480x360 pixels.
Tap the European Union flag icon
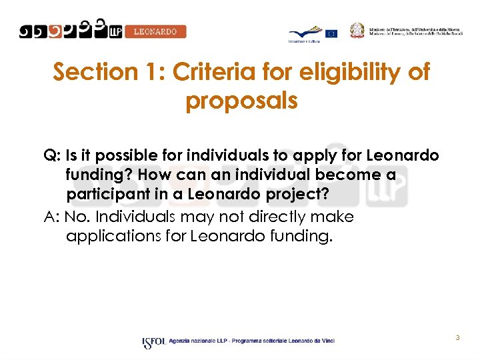(331, 33)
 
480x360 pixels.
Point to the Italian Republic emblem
(358, 30)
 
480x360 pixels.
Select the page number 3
(458, 338)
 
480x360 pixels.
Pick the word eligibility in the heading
(354, 72)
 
